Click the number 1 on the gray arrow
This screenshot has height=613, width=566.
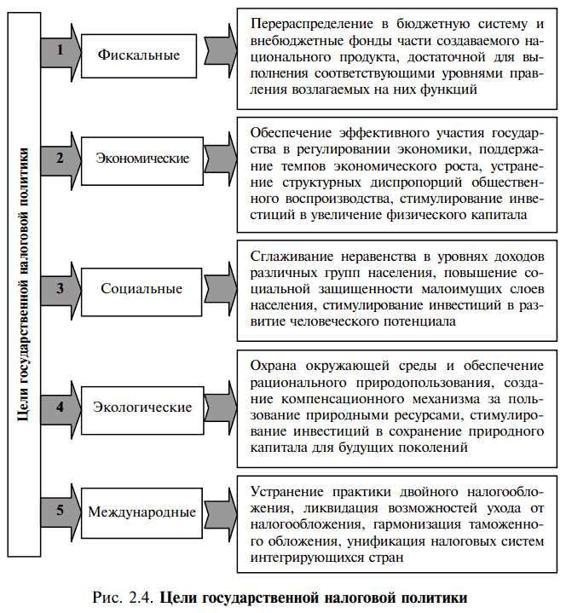click(60, 50)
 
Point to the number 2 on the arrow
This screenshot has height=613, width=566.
click(60, 158)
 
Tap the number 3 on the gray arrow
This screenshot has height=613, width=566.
click(60, 287)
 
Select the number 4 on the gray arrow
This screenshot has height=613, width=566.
click(60, 406)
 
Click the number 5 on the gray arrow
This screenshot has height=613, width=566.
click(60, 512)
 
